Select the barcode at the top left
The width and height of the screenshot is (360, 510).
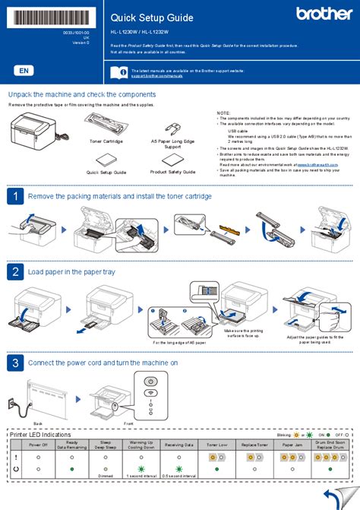coord(49,14)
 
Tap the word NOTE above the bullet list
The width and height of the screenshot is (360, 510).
coord(223,112)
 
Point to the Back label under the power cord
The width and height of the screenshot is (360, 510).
coord(38,423)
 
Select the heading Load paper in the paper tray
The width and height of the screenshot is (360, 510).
coord(72,271)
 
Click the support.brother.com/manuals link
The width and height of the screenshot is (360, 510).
coord(158,75)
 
